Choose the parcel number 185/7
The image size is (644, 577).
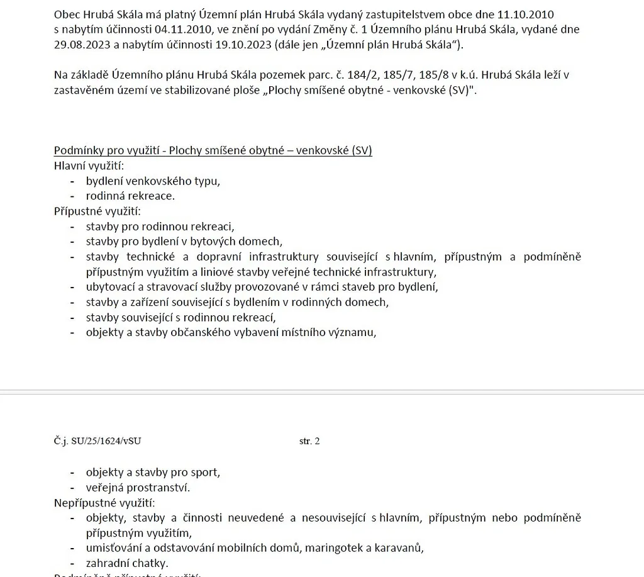(396, 75)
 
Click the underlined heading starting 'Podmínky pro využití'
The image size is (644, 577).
(213, 151)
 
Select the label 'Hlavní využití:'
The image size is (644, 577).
(89, 166)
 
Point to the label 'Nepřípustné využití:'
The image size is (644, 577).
(104, 503)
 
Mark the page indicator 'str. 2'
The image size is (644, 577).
(309, 441)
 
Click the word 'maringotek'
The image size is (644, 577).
(335, 548)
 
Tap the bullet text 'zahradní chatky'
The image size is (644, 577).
(127, 563)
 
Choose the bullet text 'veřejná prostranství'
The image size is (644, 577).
(137, 488)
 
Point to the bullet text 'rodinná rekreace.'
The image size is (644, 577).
(130, 196)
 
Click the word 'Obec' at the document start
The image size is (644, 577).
(67, 14)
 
